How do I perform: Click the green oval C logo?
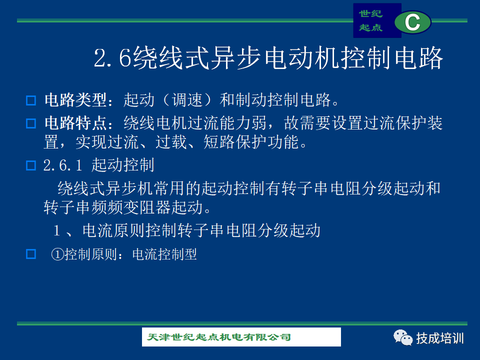pyautogui.click(x=412, y=22)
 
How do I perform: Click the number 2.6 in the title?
pyautogui.click(x=112, y=57)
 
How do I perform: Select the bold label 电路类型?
pyautogui.click(x=75, y=100)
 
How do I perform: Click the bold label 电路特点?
pyautogui.click(x=75, y=123)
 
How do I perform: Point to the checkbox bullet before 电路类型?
pyautogui.click(x=31, y=100)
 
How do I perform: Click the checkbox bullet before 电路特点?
pyautogui.click(x=31, y=123)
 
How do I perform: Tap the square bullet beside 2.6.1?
pyautogui.click(x=31, y=165)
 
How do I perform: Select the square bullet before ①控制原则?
pyautogui.click(x=31, y=254)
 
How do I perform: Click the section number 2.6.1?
pyautogui.click(x=63, y=165)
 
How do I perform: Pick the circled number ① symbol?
pyautogui.click(x=57, y=254)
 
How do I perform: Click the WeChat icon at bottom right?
pyautogui.click(x=403, y=337)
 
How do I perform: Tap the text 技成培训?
pyautogui.click(x=439, y=338)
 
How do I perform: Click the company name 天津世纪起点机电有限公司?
pyautogui.click(x=219, y=337)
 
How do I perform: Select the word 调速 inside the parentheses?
pyautogui.click(x=187, y=100)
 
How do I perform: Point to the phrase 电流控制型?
pyautogui.click(x=164, y=254)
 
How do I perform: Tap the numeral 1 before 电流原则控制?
pyautogui.click(x=56, y=230)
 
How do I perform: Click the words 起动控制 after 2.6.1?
pyautogui.click(x=123, y=165)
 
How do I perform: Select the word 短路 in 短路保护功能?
pyautogui.click(x=219, y=142)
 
